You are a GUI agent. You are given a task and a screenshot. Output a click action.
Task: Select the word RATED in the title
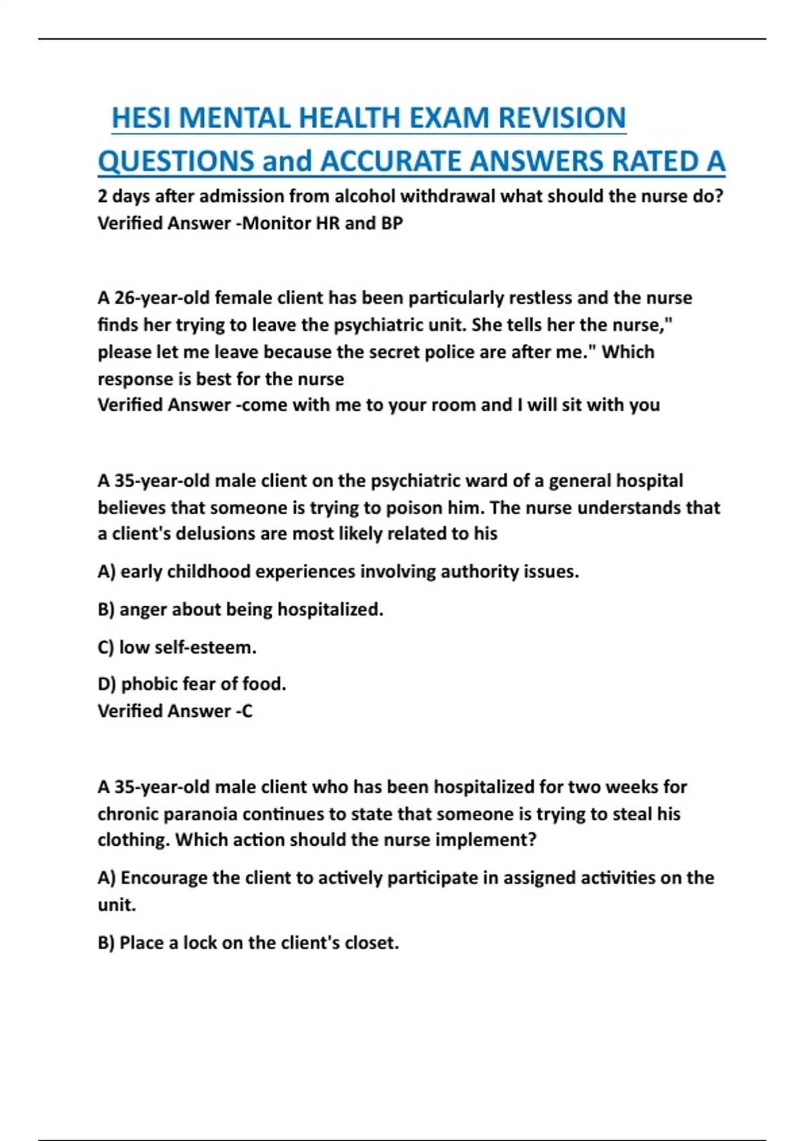click(653, 162)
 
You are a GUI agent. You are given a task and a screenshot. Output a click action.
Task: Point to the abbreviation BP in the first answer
click(392, 223)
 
